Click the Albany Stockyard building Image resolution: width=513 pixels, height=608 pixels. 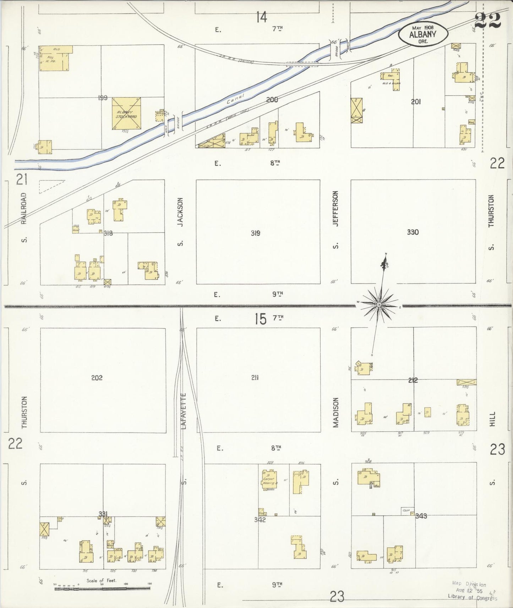(x=126, y=114)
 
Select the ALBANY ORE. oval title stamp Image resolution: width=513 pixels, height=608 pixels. (x=423, y=34)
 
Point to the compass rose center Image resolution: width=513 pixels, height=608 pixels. (x=379, y=305)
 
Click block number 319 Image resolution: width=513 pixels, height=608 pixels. (x=255, y=233)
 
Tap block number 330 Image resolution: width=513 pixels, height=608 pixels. (x=413, y=232)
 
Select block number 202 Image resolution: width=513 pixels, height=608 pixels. (x=97, y=378)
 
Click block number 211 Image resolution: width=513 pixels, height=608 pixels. (x=255, y=378)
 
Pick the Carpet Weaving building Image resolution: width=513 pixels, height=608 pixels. (x=270, y=480)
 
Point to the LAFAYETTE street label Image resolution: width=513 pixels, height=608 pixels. (x=184, y=411)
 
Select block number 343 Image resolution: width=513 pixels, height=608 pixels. (x=421, y=516)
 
